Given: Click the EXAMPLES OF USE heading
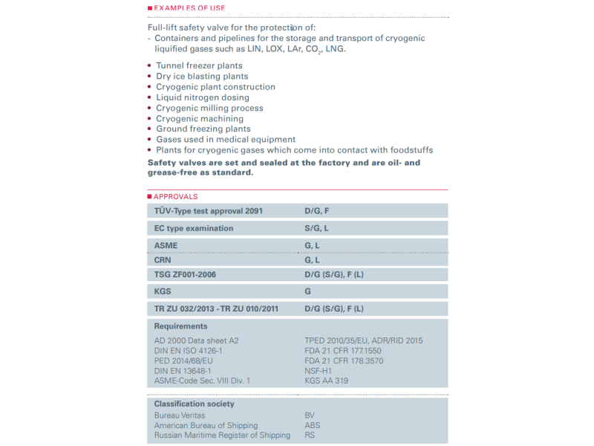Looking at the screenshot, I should (x=189, y=8).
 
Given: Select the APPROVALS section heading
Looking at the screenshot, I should (x=175, y=197).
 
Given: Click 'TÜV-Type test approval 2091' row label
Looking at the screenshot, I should (x=208, y=211).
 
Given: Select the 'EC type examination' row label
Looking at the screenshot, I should (x=194, y=228).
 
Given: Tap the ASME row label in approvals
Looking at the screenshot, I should (x=166, y=245).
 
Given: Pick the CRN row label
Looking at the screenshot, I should (x=163, y=260).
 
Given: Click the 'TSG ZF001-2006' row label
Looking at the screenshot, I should (x=185, y=275).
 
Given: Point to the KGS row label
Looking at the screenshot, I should (x=163, y=292).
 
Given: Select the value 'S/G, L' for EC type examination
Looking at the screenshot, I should (x=317, y=228).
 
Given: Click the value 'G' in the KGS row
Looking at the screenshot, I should (x=308, y=292).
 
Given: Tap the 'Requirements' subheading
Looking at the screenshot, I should (x=180, y=326).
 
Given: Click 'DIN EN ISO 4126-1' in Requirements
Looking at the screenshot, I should (x=188, y=351).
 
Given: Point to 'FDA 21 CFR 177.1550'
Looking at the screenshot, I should (x=343, y=351).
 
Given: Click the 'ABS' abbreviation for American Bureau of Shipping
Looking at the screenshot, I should (x=313, y=426).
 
